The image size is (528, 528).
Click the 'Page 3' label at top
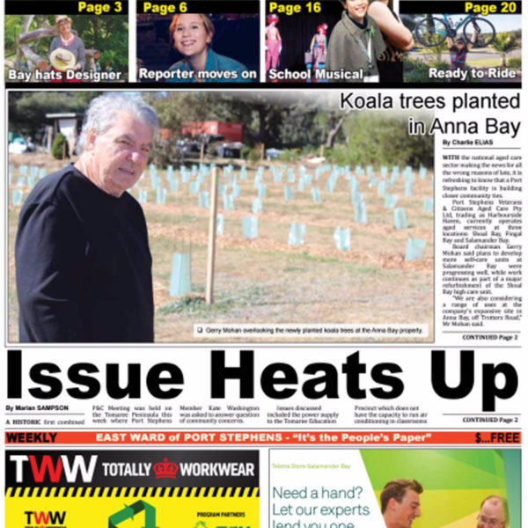pyautogui.click(x=99, y=8)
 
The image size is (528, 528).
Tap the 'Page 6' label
pyautogui.click(x=165, y=8)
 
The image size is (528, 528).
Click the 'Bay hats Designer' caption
pyautogui.click(x=64, y=75)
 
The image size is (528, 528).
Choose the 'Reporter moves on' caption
pyautogui.click(x=198, y=75)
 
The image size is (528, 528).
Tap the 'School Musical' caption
pyautogui.click(x=314, y=75)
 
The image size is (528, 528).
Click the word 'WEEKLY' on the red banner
pyautogui.click(x=32, y=437)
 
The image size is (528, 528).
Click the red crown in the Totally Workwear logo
pyautogui.click(x=165, y=467)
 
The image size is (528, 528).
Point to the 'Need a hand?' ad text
pyautogui.click(x=315, y=493)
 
